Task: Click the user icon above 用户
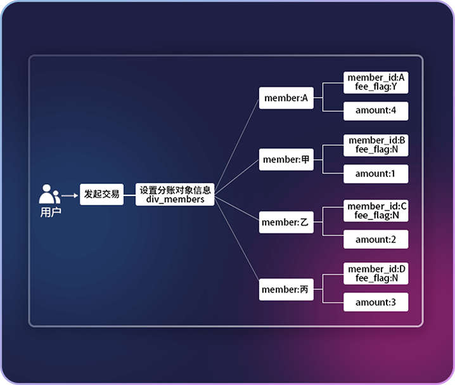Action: (49, 193)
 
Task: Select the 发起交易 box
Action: (101, 194)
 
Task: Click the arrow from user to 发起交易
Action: (70, 195)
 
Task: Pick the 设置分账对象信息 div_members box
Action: (176, 194)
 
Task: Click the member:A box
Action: (286, 98)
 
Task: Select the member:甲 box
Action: (286, 160)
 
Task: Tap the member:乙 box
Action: (286, 223)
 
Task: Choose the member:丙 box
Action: (286, 290)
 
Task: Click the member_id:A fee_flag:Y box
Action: (376, 82)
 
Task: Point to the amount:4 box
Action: (376, 110)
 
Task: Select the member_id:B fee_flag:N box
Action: (376, 145)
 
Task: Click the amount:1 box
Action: (376, 173)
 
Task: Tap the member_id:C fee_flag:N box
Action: (376, 211)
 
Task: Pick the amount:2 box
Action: (376, 239)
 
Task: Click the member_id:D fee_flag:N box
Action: (376, 273)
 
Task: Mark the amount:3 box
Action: (376, 302)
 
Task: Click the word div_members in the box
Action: (176, 199)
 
